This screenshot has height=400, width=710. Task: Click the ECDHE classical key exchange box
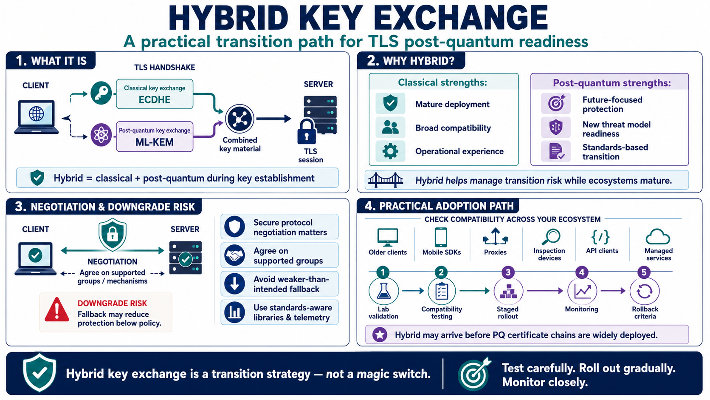(155, 94)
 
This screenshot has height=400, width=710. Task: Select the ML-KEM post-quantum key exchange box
(155, 137)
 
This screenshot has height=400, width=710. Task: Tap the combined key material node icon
(239, 119)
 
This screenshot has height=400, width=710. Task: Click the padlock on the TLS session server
(307, 131)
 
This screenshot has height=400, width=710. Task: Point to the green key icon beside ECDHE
(101, 93)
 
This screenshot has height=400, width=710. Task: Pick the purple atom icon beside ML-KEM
(101, 135)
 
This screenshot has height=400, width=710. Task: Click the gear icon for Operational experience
(390, 151)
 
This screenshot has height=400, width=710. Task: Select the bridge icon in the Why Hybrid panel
(386, 180)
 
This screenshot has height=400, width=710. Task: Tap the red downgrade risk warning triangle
(57, 309)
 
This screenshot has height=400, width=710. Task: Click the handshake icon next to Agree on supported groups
(234, 255)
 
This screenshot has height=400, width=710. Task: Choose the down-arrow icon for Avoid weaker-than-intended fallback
(234, 284)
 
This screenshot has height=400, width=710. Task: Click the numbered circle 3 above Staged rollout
(508, 272)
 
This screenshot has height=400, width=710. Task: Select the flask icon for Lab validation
(383, 291)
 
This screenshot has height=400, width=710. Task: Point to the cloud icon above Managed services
(658, 237)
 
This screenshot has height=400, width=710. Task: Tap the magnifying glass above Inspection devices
(551, 237)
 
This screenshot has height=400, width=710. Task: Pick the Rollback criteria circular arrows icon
(645, 291)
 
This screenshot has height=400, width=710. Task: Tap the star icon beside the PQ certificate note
(380, 335)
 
